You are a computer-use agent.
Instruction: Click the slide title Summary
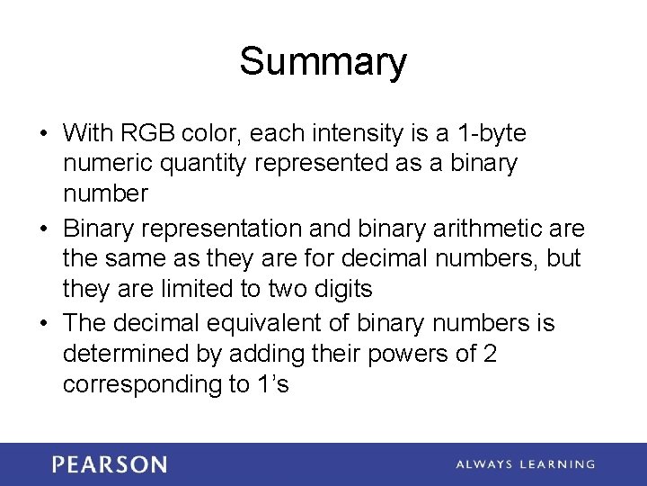[323, 62]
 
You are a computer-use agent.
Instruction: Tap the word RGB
[146, 134]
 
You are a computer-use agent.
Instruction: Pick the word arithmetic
[476, 229]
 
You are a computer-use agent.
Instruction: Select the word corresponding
[142, 385]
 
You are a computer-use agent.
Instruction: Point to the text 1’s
[271, 384]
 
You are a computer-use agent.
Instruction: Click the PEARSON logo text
[110, 464]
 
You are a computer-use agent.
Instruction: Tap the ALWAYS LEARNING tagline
[525, 464]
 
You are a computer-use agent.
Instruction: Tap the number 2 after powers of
[490, 354]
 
